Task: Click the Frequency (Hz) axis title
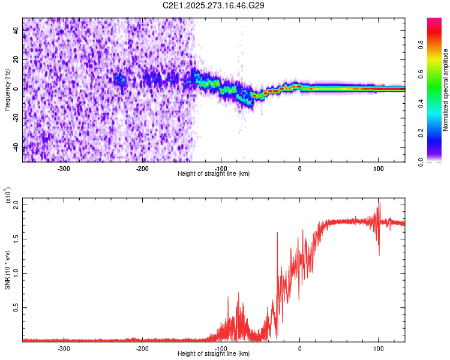click(x=8, y=90)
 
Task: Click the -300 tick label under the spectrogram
click(x=64, y=169)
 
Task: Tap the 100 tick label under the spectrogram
click(x=378, y=169)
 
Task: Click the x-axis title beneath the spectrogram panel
click(x=214, y=174)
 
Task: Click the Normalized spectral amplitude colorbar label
click(x=446, y=90)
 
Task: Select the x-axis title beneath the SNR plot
click(x=214, y=354)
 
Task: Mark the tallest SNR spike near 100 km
click(x=379, y=200)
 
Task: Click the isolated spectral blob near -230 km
click(x=121, y=79)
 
